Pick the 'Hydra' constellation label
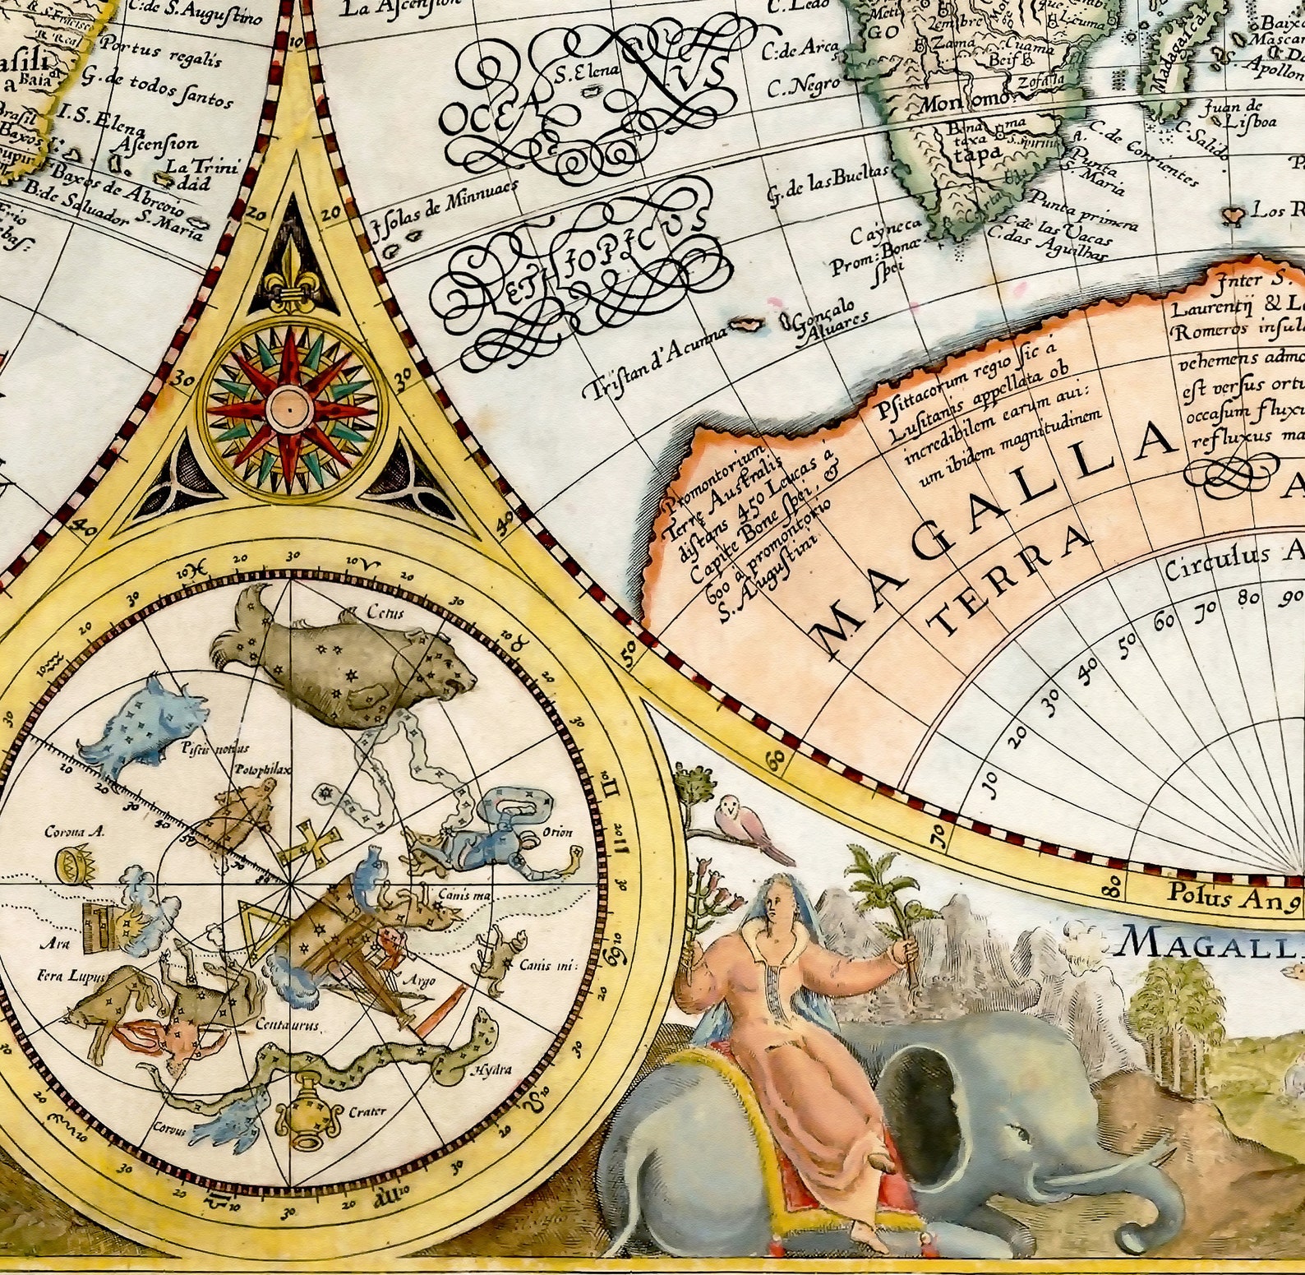coord(491,1069)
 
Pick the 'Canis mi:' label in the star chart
coord(546,965)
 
